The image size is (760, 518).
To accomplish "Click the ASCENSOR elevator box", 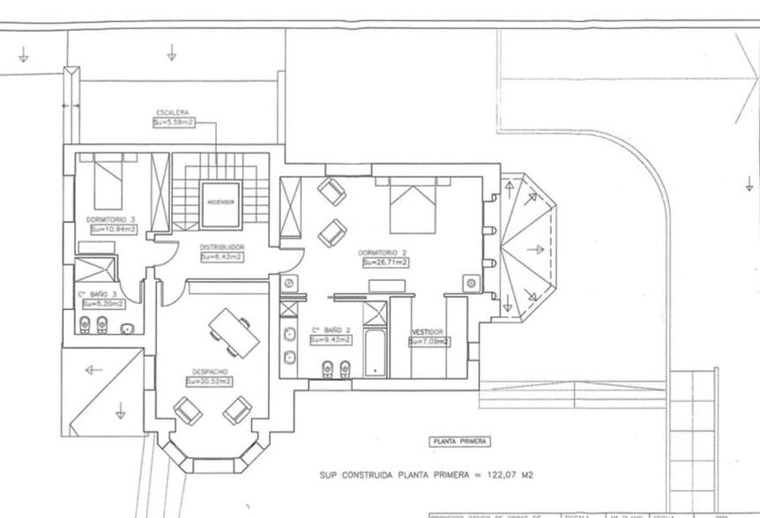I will (220, 203).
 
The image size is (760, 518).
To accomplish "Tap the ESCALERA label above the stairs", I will (173, 114).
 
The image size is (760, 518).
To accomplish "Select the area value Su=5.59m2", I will (173, 123).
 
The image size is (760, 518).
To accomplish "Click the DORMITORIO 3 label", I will (111, 219).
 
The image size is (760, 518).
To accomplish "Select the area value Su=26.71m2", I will (383, 263).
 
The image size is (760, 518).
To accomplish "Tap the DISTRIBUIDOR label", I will (221, 248).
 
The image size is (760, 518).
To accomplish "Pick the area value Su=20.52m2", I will (209, 381).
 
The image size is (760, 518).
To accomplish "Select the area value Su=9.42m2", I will (331, 339).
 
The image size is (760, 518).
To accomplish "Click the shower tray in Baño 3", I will (96, 268).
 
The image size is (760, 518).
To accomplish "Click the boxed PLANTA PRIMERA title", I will (458, 441).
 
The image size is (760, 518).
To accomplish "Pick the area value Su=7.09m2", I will (429, 342).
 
